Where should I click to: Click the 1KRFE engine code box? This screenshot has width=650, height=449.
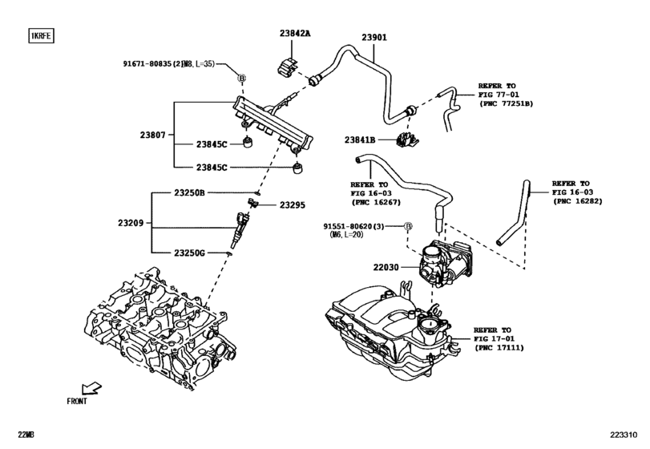(x=40, y=36)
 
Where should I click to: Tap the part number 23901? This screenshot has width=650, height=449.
(x=373, y=37)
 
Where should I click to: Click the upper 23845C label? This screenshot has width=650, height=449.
(x=212, y=144)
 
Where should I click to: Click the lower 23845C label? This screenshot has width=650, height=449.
(x=212, y=168)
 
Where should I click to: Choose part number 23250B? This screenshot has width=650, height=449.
(x=190, y=193)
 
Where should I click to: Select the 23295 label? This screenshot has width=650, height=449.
(x=293, y=206)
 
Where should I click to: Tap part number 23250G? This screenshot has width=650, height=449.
(x=190, y=253)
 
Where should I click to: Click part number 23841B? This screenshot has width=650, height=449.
(x=361, y=139)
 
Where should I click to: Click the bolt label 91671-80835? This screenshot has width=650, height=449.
(x=166, y=63)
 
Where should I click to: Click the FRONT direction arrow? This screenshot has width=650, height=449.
(x=91, y=389)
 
